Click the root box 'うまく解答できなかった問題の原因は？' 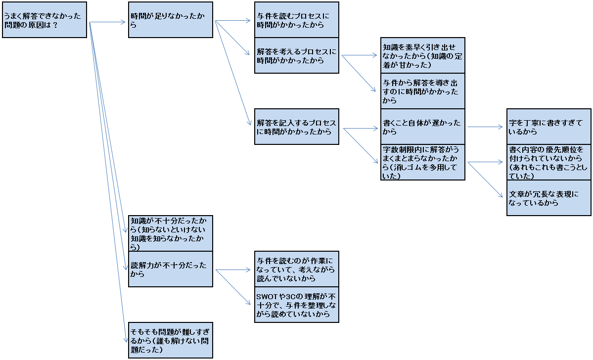[x=45, y=20]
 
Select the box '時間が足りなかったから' [x=171, y=20]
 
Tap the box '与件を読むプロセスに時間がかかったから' [x=297, y=20]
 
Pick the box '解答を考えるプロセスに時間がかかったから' [x=297, y=55]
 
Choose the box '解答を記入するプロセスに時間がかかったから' [x=297, y=127]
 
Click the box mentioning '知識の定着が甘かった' [x=423, y=55]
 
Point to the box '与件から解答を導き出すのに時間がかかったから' [x=423, y=91]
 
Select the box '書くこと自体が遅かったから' [x=423, y=127]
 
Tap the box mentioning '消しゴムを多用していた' [x=423, y=162]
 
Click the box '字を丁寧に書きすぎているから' [x=549, y=127]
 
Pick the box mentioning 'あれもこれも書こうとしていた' [x=549, y=162]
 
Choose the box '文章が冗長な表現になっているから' [x=549, y=198]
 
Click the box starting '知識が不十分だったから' [x=171, y=233]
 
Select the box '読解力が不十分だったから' [x=171, y=269]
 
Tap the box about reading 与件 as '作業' [x=297, y=269]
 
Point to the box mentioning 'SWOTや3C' [x=297, y=305]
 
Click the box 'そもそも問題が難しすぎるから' [x=171, y=340]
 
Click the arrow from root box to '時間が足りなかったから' [x=108, y=22]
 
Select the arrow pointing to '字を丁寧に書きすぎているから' [x=485, y=127]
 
